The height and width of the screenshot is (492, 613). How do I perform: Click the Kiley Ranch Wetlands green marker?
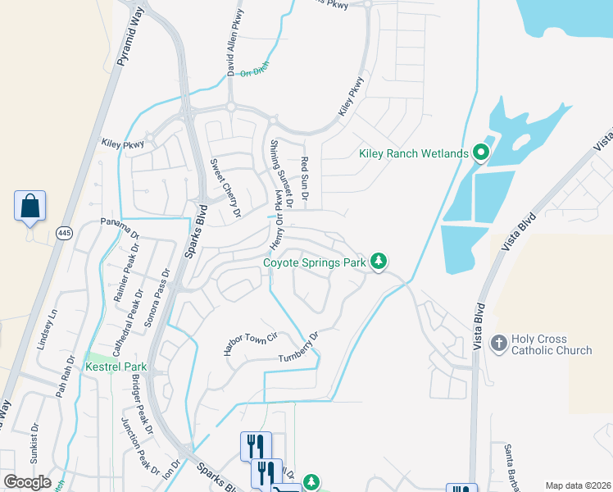click(480, 153)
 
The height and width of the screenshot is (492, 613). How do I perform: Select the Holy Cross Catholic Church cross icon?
click(498, 344)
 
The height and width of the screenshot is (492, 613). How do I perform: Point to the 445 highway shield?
click(65, 234)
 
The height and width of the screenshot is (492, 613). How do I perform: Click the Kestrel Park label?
click(115, 367)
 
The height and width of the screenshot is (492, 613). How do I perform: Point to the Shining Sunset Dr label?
click(280, 173)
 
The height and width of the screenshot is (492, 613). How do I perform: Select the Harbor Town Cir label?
click(252, 343)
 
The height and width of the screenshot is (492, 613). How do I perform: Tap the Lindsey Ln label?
click(48, 330)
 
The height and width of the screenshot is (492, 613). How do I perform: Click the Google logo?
click(28, 481)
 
